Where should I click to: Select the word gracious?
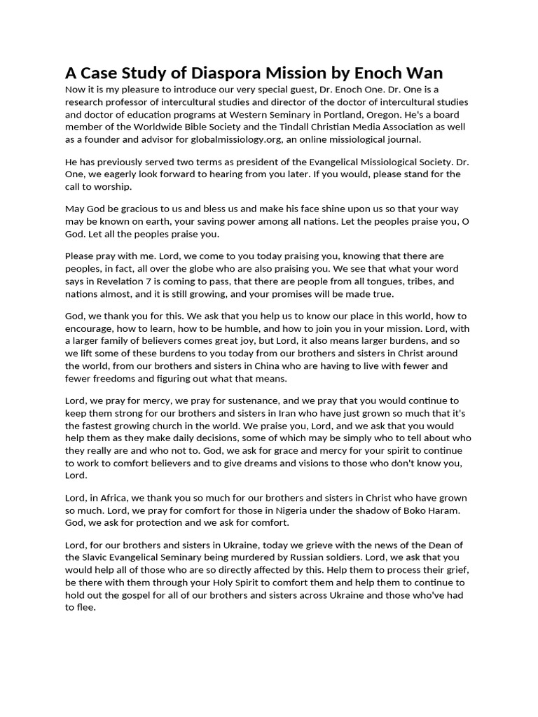pos(144,208)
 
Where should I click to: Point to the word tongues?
pos(393,281)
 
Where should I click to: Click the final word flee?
pos(88,608)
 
